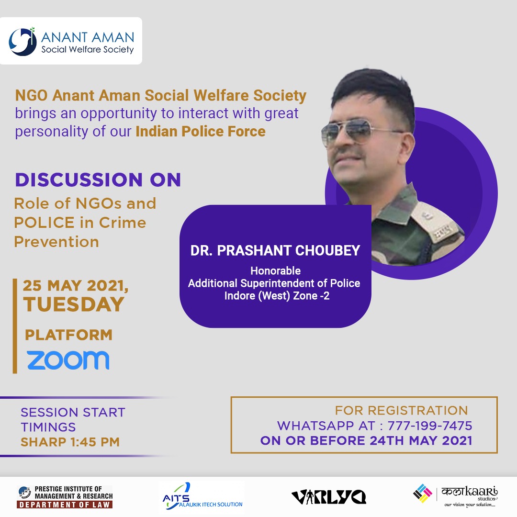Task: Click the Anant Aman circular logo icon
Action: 22,42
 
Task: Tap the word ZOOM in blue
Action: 68,360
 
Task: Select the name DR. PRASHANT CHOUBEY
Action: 275,251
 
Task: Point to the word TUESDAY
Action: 74,304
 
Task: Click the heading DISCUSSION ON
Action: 98,180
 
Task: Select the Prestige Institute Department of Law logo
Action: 65,497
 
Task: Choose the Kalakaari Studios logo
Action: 456,496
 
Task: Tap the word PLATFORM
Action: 68,335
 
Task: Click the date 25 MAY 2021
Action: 75,286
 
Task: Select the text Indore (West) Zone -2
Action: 277,296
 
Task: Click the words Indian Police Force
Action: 201,131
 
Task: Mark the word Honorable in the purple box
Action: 275,271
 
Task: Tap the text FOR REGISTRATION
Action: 401,410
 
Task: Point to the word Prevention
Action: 56,242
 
